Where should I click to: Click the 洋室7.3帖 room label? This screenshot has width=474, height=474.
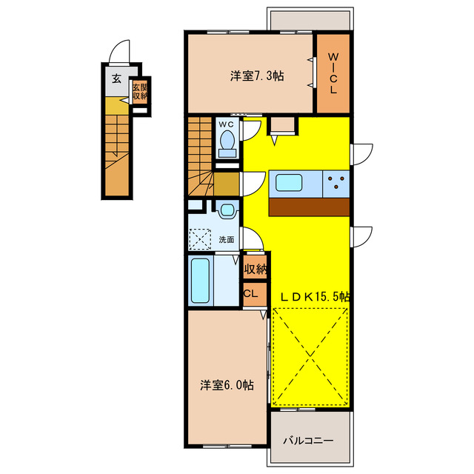coord(258,75)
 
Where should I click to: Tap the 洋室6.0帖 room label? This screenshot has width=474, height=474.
coord(227,385)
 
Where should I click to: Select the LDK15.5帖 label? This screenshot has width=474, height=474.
coord(314,296)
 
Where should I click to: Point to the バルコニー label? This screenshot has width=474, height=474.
coord(308,441)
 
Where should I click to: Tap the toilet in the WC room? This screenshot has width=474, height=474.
coord(228,141)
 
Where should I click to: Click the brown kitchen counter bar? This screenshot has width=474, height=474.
coord(310,207)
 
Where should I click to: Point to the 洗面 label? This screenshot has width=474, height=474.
coord(227,239)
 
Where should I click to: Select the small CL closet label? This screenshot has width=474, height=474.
coord(250,293)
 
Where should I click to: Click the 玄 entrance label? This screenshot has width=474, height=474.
coord(116,79)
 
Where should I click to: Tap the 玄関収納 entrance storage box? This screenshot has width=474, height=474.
coord(139,93)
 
